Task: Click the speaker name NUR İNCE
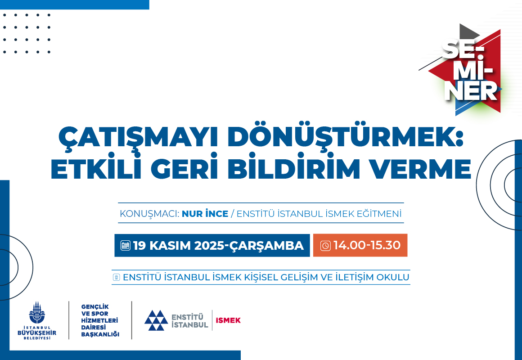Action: point(205,213)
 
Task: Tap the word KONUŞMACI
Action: point(149,214)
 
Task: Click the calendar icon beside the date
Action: point(126,245)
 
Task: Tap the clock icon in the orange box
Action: point(325,245)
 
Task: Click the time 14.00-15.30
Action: point(367,245)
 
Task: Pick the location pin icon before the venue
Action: point(116,277)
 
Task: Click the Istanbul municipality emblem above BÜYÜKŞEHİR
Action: point(37,313)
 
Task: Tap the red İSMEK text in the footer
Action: point(228,320)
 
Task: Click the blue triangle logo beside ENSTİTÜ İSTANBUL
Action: point(156,320)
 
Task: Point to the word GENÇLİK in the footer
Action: point(95,307)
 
